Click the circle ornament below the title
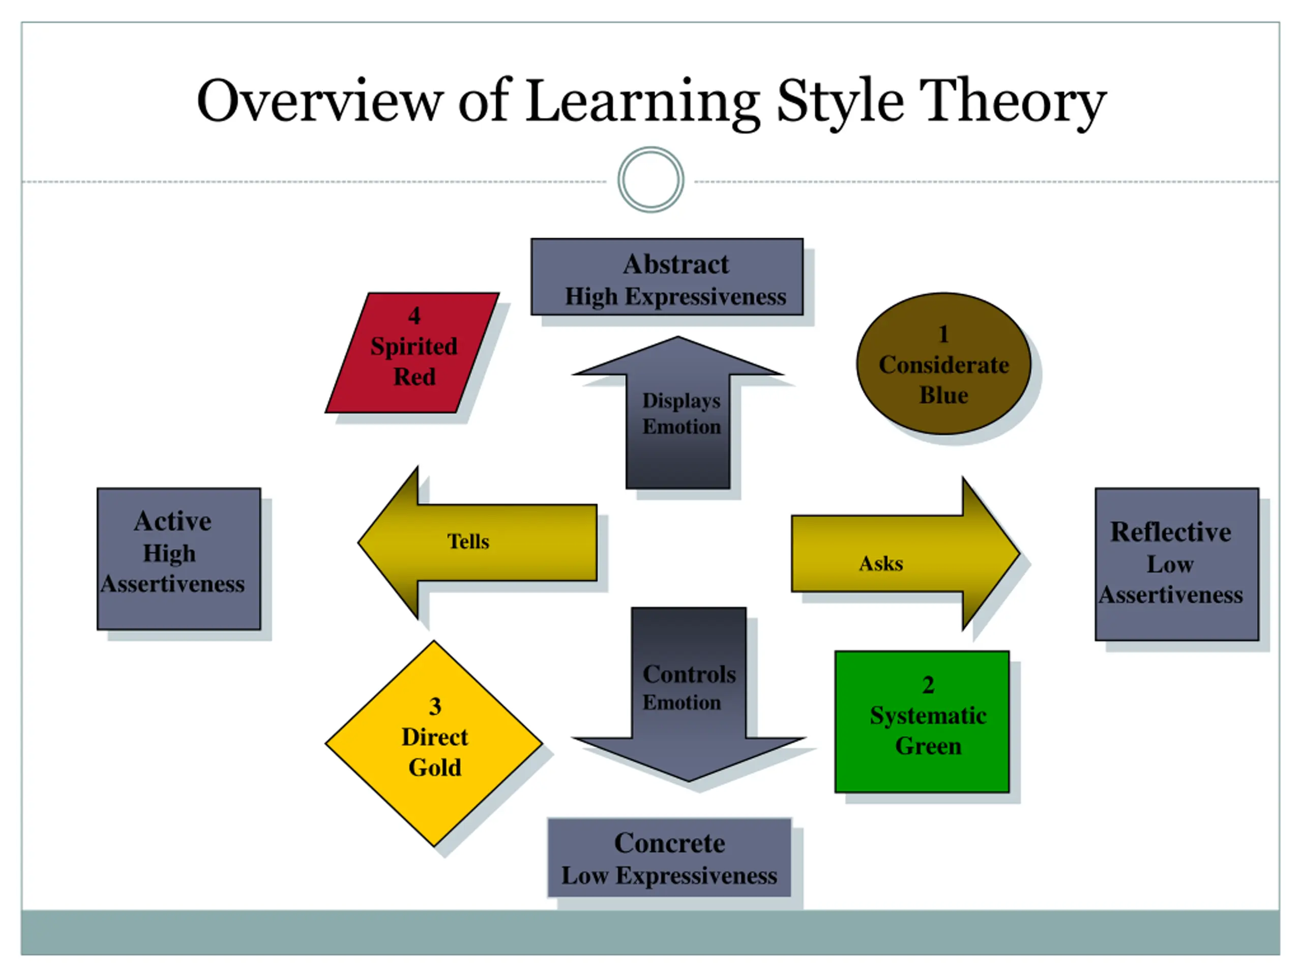650,180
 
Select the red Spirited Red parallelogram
412,353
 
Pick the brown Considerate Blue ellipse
943,364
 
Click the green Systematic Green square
922,722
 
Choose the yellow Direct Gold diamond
434,743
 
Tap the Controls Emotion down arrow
689,695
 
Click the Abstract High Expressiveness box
667,277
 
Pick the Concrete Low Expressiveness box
669,857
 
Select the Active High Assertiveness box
179,558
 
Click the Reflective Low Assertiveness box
1176,564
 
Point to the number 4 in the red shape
415,316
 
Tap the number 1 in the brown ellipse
943,334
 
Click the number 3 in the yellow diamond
435,706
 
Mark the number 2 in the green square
928,685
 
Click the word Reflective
1171,532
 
